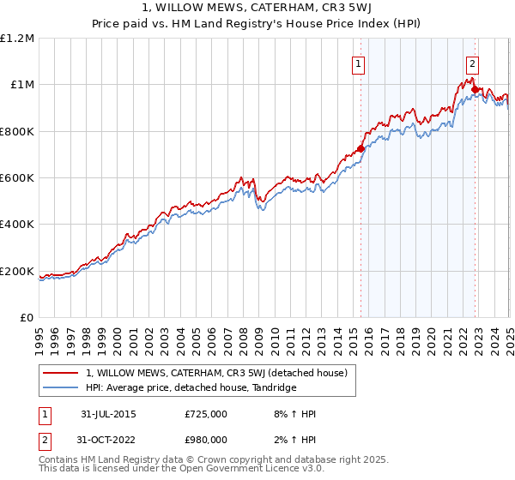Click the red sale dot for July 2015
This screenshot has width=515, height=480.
point(360,148)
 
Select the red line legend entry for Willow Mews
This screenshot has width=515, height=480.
point(215,373)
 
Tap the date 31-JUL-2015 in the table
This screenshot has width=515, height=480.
point(108,414)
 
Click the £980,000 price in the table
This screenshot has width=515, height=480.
point(206,440)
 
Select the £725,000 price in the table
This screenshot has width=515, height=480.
point(206,414)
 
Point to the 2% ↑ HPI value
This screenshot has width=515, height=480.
point(296,440)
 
